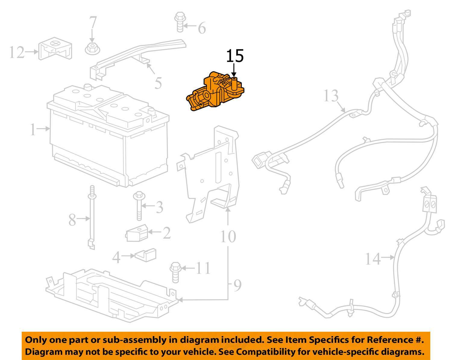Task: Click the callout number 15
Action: [235, 56]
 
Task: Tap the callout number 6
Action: [202, 28]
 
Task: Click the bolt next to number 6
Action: [179, 22]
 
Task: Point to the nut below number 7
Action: [92, 49]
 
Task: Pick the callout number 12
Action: [16, 52]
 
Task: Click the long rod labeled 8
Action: [91, 217]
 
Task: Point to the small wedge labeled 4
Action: [146, 255]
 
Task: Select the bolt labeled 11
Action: [175, 273]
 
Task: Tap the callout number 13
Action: [331, 96]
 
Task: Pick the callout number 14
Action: [373, 259]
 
